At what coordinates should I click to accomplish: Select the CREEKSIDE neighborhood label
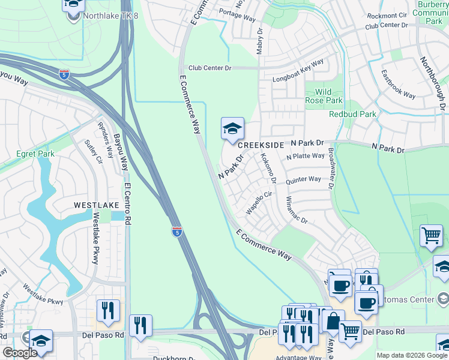tap(260, 146)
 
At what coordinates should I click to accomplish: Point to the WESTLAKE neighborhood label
tap(96, 205)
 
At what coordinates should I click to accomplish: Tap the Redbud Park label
tap(352, 114)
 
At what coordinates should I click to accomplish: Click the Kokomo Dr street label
tap(267, 169)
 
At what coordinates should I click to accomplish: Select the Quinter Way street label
tap(303, 179)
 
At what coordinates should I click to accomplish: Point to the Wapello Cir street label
tap(259, 203)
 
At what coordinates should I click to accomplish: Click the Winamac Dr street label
tap(297, 210)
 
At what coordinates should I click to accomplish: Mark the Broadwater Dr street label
tap(330, 170)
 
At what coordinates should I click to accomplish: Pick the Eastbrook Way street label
tap(398, 85)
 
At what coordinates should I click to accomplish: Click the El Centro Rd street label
tap(127, 203)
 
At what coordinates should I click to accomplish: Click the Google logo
tap(20, 353)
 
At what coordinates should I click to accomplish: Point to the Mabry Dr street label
tap(260, 41)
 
